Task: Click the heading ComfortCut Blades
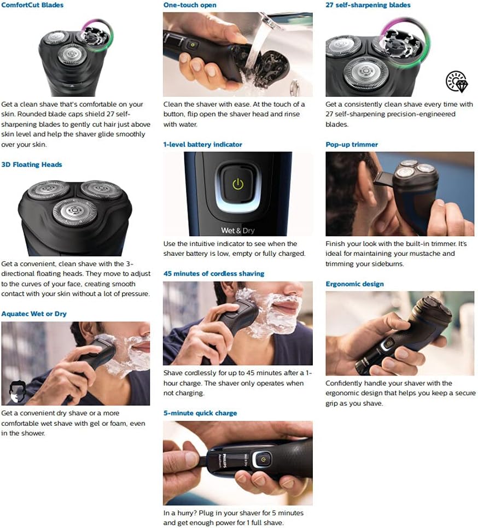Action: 32,5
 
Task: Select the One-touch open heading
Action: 190,5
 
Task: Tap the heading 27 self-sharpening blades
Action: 368,5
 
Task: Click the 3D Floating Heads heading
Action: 32,165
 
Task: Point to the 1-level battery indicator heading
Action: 202,144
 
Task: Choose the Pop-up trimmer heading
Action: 352,144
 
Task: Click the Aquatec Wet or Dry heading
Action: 34,314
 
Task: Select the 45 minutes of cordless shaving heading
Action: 213,273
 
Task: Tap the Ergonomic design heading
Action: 354,284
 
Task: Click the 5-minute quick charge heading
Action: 200,413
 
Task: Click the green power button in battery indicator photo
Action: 237,184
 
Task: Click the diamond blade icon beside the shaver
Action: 456,81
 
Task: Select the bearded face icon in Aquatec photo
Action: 18,391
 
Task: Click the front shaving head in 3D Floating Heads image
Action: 75,211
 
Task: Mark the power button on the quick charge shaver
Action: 264,460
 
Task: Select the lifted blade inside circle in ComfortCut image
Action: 96,33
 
